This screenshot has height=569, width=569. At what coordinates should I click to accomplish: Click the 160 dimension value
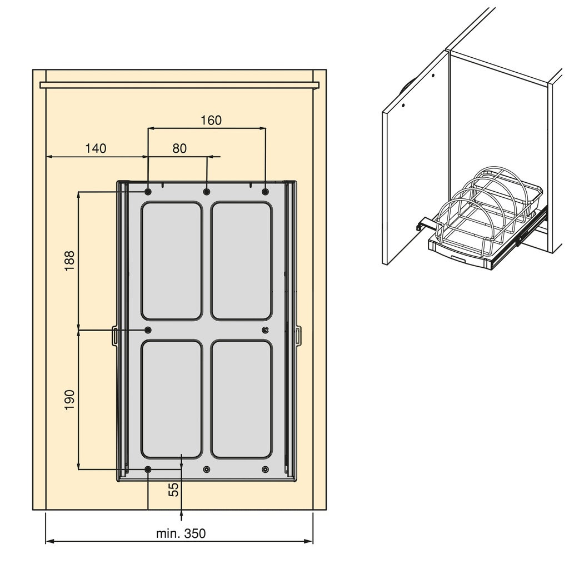pos(211,120)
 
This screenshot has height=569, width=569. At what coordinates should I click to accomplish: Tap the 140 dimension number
pos(96,148)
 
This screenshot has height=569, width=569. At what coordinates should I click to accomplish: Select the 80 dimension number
pos(179,148)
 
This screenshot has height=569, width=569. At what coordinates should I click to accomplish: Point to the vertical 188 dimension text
pos(69,260)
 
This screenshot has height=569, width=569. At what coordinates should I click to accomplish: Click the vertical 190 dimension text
pos(69,400)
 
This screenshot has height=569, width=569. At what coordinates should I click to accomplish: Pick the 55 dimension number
pos(174,489)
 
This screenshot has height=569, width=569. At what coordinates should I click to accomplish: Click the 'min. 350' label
pos(181,533)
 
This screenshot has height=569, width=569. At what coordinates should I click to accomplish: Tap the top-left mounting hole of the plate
pos(148,192)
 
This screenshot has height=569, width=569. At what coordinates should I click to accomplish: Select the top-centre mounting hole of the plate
pos(207,192)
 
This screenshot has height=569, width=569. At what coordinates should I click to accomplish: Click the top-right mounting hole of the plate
pos(265,192)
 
